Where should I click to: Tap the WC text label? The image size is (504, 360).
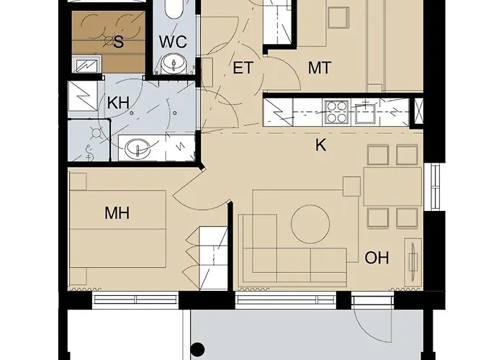(x=173, y=42)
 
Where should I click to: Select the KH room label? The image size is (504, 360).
(x=118, y=103)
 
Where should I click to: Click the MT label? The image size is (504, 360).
(x=319, y=68)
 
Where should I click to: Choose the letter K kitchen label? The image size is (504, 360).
(x=321, y=145)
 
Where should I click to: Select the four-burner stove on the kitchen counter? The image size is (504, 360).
(x=337, y=112)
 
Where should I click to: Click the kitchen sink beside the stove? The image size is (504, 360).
(x=368, y=112)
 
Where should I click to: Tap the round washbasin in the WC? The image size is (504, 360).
(x=173, y=66)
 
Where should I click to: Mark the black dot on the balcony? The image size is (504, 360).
(x=199, y=351)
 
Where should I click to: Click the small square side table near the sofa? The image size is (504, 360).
(x=351, y=186)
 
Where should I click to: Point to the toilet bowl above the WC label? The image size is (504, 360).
(x=174, y=11)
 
